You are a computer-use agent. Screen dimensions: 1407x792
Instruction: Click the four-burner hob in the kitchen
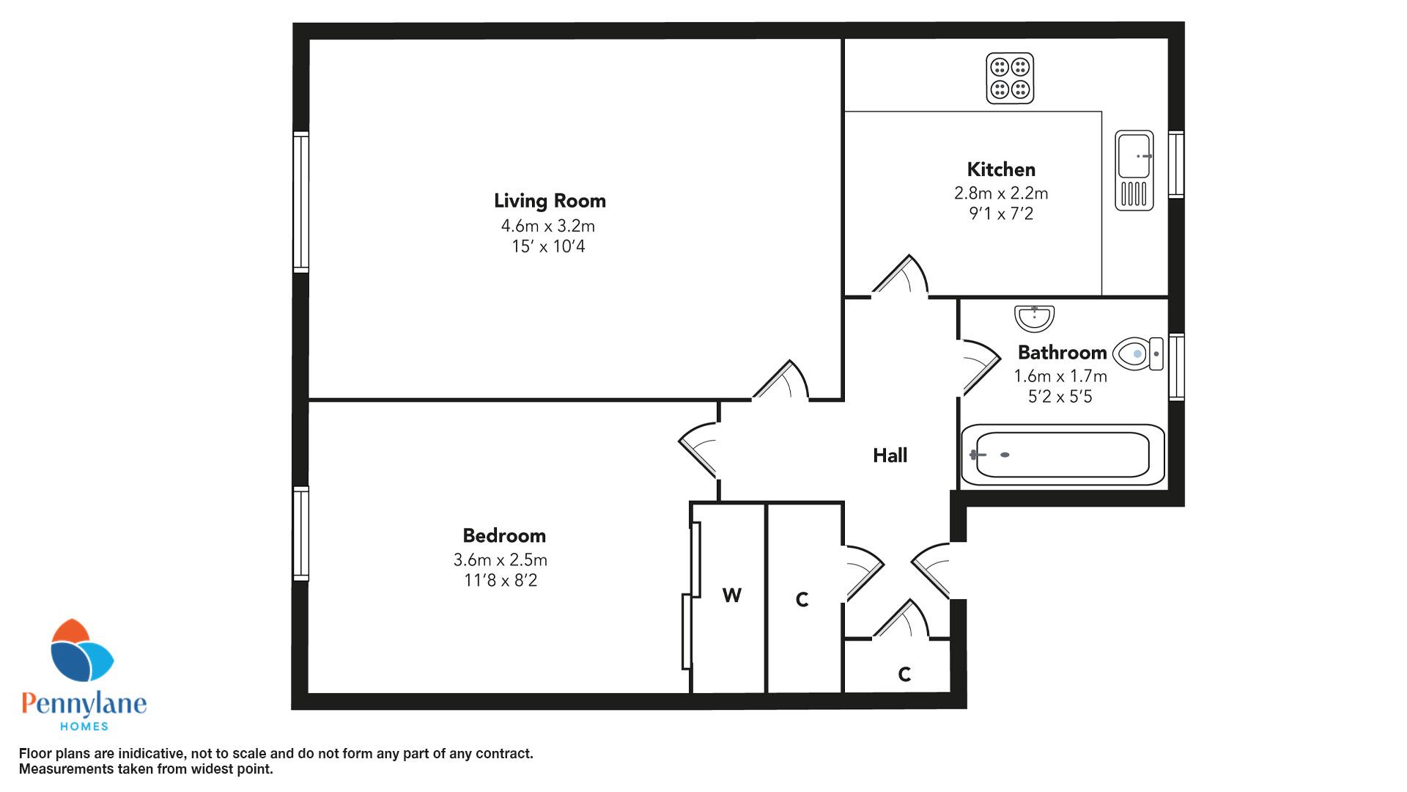pos(1010,78)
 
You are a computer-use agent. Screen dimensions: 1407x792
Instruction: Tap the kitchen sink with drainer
pos(1134,170)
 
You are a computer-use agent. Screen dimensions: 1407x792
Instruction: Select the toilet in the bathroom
pos(1138,353)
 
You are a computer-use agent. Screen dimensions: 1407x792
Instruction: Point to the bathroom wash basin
pos(1034,318)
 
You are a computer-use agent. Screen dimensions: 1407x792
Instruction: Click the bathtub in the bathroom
pos(1063,455)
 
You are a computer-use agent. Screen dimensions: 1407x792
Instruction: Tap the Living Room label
pos(550,201)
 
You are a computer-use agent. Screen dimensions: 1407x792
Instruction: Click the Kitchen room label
pos(1001,169)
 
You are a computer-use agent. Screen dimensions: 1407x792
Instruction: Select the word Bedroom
pos(504,535)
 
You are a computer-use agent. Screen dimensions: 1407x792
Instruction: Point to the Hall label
pos(890,455)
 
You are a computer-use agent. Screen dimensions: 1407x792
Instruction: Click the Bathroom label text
pos(1062,353)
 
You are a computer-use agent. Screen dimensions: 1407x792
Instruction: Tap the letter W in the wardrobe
pos(731,595)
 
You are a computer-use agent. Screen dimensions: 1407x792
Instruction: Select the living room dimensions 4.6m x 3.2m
pos(548,226)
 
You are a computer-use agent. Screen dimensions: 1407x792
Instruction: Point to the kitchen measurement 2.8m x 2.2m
pos(1001,193)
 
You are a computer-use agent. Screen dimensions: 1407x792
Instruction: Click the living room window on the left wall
pos(300,202)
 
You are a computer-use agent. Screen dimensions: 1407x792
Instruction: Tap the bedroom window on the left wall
pos(300,534)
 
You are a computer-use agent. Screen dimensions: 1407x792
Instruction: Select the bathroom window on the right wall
pos(1176,367)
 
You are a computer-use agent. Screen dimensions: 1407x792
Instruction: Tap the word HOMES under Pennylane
pos(84,726)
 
